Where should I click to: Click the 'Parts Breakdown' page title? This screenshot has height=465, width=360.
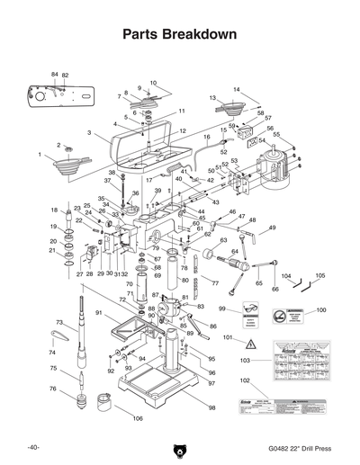[x=180, y=35]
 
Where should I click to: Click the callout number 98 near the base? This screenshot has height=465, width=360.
[x=212, y=408]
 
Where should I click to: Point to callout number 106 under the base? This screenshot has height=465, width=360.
[x=138, y=419]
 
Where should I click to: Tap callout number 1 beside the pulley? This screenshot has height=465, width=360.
[x=40, y=155]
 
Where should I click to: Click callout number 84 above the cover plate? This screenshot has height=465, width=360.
[x=55, y=74]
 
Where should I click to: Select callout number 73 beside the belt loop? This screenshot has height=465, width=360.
[x=58, y=321]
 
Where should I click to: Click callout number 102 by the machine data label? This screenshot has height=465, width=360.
[x=245, y=380]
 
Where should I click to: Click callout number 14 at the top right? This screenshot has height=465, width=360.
[x=238, y=89]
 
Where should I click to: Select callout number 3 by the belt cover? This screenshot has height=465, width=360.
[x=89, y=132]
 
